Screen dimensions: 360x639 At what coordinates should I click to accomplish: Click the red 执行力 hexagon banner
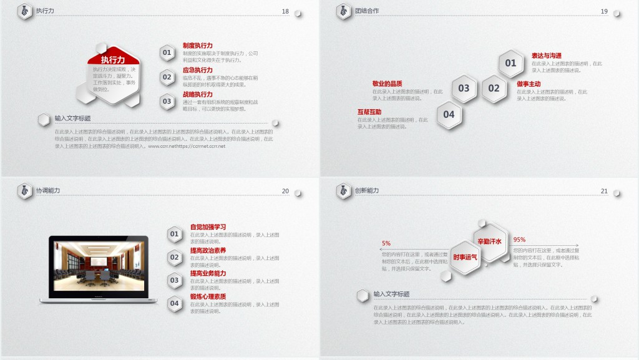(113, 59)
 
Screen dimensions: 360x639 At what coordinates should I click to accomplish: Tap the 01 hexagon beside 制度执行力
(167, 53)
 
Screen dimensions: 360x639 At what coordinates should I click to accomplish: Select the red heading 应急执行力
(197, 70)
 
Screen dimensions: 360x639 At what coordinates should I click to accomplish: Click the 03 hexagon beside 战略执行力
(167, 101)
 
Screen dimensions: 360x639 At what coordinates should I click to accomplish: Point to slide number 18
(285, 11)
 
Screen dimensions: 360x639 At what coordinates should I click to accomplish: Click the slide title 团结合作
(366, 11)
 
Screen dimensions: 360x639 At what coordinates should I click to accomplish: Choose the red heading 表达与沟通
(546, 56)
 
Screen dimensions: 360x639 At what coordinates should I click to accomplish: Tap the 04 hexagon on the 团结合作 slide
(449, 115)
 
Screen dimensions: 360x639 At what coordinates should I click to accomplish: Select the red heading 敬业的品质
(387, 84)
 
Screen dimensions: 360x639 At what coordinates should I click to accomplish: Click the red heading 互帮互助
(369, 112)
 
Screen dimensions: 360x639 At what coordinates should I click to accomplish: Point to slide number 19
(604, 11)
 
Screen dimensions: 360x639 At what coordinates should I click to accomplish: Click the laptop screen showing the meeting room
(98, 265)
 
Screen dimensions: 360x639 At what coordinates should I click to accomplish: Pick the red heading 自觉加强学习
(208, 226)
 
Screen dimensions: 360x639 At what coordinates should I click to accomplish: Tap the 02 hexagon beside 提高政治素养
(175, 257)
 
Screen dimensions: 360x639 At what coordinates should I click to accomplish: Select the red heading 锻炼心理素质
(208, 296)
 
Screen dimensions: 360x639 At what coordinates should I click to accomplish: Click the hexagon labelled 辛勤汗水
(490, 241)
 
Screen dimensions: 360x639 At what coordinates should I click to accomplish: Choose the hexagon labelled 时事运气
(465, 257)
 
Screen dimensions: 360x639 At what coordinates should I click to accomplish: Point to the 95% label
(519, 240)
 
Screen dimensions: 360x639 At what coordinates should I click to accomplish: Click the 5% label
(386, 243)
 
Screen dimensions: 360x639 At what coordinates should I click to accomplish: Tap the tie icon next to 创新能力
(344, 191)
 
